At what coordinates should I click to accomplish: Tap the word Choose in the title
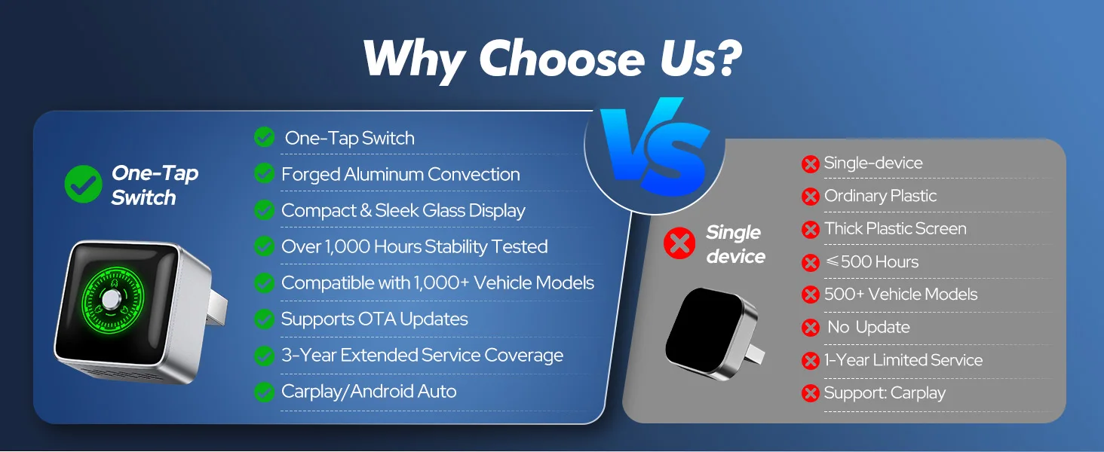click(563, 59)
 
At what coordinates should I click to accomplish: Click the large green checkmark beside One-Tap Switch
click(83, 184)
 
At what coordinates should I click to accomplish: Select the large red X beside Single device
click(679, 243)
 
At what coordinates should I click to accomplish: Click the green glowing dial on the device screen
click(112, 299)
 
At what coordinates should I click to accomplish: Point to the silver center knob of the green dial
click(110, 300)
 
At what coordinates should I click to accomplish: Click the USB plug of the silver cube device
click(219, 307)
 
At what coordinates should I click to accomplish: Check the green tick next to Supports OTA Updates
click(264, 319)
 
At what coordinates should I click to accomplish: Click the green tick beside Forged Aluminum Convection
click(264, 173)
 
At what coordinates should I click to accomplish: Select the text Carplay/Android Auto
click(369, 392)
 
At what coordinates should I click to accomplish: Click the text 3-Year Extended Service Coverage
click(422, 355)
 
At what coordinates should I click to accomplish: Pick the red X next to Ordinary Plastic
click(810, 197)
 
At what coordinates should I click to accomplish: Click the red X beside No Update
click(810, 328)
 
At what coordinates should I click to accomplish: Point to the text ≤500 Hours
click(872, 261)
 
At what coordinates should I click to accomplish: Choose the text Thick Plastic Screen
click(895, 228)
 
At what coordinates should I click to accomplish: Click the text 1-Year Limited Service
click(903, 360)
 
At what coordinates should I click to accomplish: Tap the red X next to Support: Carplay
click(810, 393)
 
